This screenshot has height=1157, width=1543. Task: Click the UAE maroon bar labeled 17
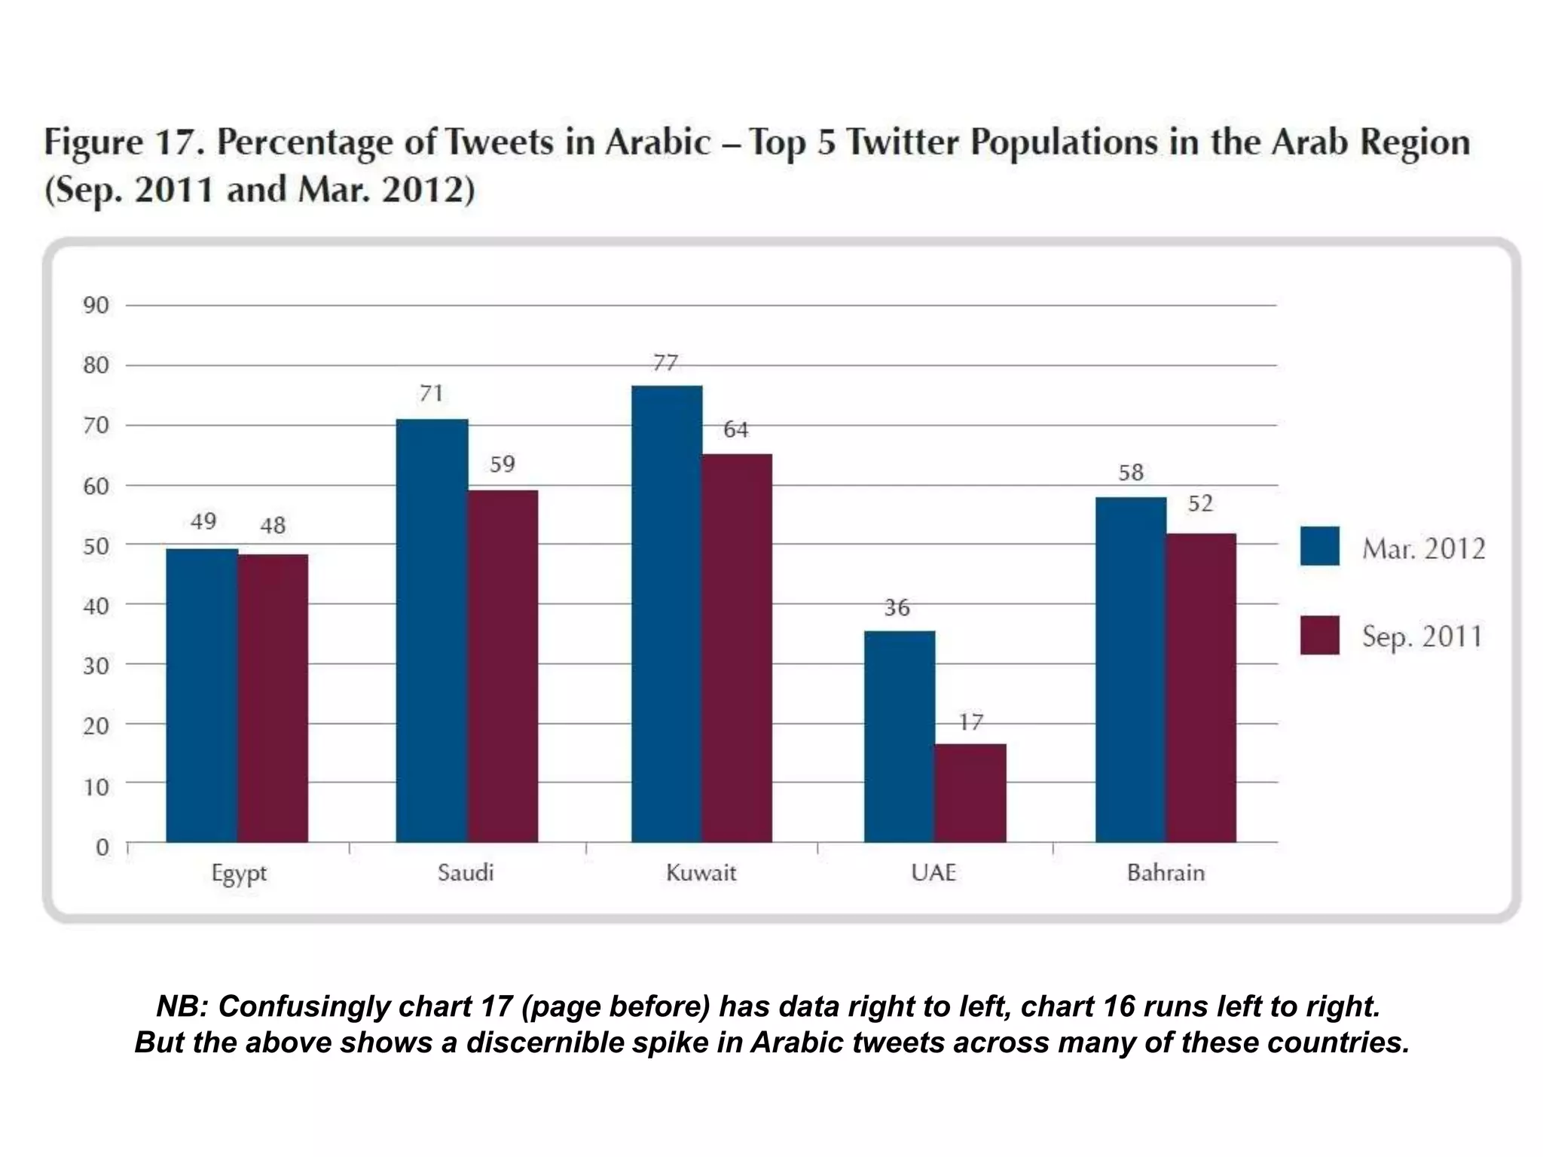(x=970, y=792)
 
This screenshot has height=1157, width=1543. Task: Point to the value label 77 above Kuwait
(x=665, y=363)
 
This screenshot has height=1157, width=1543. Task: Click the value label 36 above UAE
(x=897, y=607)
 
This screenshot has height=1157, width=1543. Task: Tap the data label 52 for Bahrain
(x=1200, y=503)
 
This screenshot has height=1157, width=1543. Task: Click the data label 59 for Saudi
(x=503, y=464)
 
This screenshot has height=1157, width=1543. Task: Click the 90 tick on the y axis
(x=96, y=305)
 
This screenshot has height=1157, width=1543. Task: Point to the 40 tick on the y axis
(x=96, y=606)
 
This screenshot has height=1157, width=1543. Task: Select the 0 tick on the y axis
(x=102, y=847)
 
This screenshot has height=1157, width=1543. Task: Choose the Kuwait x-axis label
(x=701, y=873)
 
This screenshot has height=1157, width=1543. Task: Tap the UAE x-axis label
(x=933, y=873)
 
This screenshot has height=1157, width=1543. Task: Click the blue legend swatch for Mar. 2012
(x=1319, y=546)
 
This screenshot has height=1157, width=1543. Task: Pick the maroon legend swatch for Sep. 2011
(x=1319, y=635)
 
